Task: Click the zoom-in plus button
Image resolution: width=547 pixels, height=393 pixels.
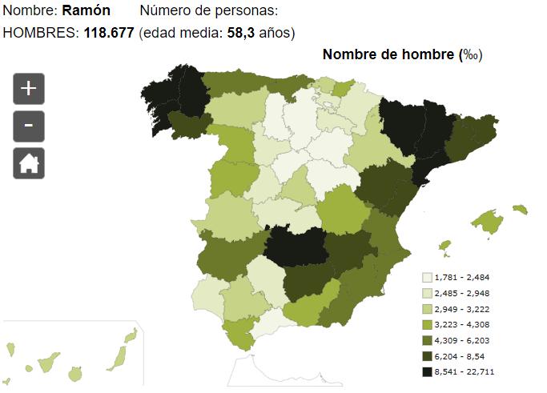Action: pos(29,88)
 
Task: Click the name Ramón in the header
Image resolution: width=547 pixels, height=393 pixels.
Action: pos(86,11)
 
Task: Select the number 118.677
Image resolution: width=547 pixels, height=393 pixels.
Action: pos(109,33)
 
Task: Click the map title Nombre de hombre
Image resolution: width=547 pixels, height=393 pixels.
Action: pos(388,54)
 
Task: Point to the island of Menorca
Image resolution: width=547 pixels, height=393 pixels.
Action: pos(521,210)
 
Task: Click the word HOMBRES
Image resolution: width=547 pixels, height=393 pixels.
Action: pos(40,33)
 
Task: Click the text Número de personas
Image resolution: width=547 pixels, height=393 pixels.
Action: pos(208,11)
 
